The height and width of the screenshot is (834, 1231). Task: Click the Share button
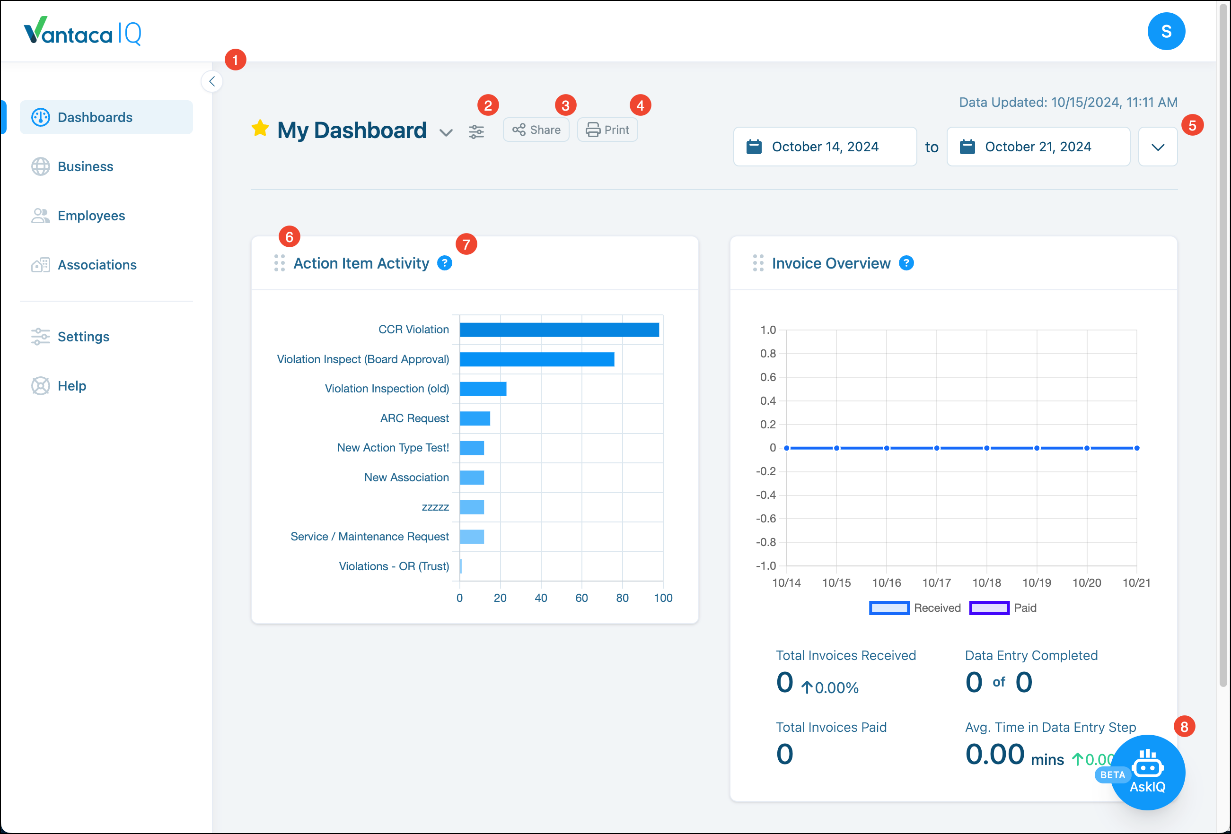point(536,130)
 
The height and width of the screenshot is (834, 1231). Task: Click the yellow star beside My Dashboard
point(260,129)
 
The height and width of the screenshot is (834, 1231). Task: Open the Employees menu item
point(91,216)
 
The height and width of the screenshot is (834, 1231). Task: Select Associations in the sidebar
point(97,265)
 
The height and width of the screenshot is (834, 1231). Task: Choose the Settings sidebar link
point(83,337)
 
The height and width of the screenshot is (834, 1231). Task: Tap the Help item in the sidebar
point(71,386)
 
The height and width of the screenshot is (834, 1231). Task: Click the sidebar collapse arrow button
point(212,81)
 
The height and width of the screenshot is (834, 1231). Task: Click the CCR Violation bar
point(559,330)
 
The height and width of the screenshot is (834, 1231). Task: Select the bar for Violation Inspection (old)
point(483,389)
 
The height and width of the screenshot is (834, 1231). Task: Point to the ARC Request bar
point(475,418)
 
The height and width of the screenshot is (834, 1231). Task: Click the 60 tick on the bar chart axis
point(581,598)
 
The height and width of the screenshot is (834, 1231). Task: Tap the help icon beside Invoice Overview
point(906,263)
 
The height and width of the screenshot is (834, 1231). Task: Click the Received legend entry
point(915,608)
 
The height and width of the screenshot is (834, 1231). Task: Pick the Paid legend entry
point(1002,608)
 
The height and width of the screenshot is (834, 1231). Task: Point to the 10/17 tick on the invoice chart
point(936,582)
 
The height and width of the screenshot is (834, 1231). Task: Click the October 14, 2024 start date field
point(825,147)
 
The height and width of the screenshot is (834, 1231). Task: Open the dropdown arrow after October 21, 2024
point(1157,147)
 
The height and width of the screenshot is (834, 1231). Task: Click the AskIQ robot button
point(1147,772)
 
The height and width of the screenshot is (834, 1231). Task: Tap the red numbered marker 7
point(466,244)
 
